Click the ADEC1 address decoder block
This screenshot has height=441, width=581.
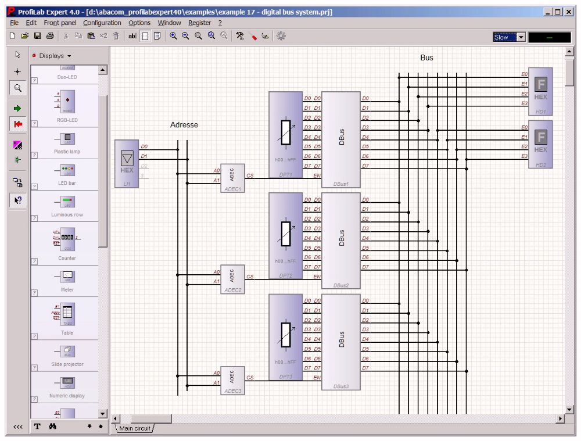click(x=232, y=177)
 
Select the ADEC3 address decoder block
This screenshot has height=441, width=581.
click(x=232, y=379)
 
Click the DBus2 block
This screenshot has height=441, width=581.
click(x=341, y=240)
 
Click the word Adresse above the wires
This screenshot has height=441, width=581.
click(x=184, y=125)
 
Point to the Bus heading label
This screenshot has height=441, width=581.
click(x=426, y=58)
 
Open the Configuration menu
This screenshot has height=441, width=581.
click(x=102, y=23)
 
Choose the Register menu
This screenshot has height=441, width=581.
click(x=199, y=23)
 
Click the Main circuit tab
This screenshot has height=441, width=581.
click(x=135, y=428)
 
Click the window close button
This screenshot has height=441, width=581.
click(x=568, y=12)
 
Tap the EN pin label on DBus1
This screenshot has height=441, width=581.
click(x=317, y=175)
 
